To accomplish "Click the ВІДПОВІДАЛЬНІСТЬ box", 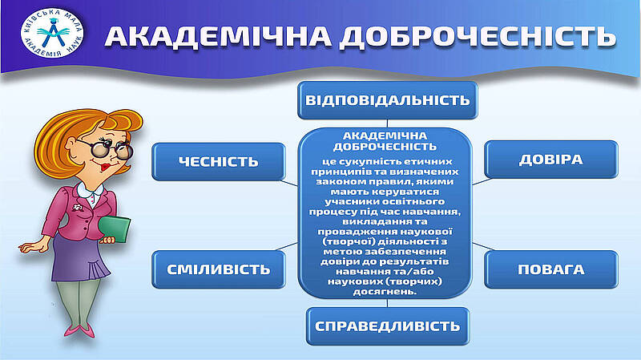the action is (388, 100).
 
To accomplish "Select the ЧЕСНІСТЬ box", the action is (219, 162).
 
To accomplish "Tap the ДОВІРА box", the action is (551, 160).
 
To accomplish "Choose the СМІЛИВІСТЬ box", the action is (219, 269).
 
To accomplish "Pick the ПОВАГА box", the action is (551, 269).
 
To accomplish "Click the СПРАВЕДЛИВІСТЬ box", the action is (388, 326).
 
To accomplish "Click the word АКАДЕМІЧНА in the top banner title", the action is (218, 36).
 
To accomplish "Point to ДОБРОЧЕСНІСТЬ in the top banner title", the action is (478, 36).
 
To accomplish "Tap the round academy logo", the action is (52, 32).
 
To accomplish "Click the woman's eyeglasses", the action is (107, 148).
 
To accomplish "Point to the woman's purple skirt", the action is (79, 258).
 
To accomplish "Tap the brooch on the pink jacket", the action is (77, 208).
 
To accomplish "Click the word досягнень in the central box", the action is (385, 292).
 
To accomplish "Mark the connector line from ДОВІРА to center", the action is (482, 181).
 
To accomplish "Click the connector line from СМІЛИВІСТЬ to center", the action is (287, 247).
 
